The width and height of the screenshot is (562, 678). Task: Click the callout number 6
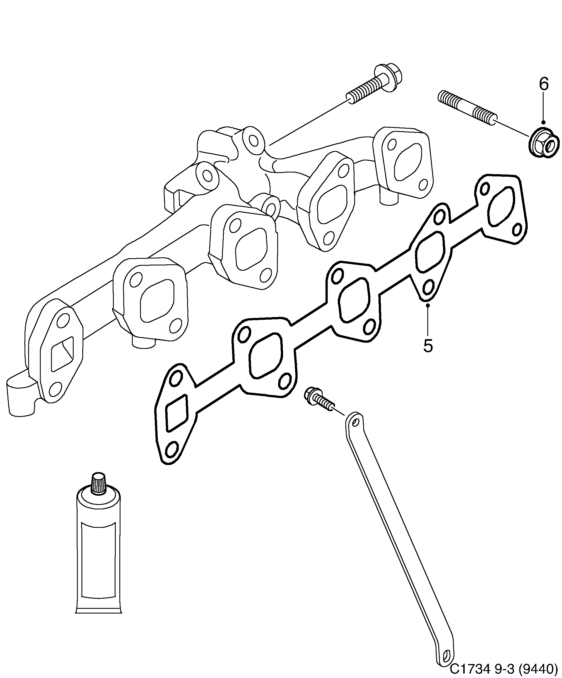coord(544,84)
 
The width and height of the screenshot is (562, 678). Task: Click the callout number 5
coord(428,346)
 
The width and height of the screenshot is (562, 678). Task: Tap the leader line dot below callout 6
coord(544,122)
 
